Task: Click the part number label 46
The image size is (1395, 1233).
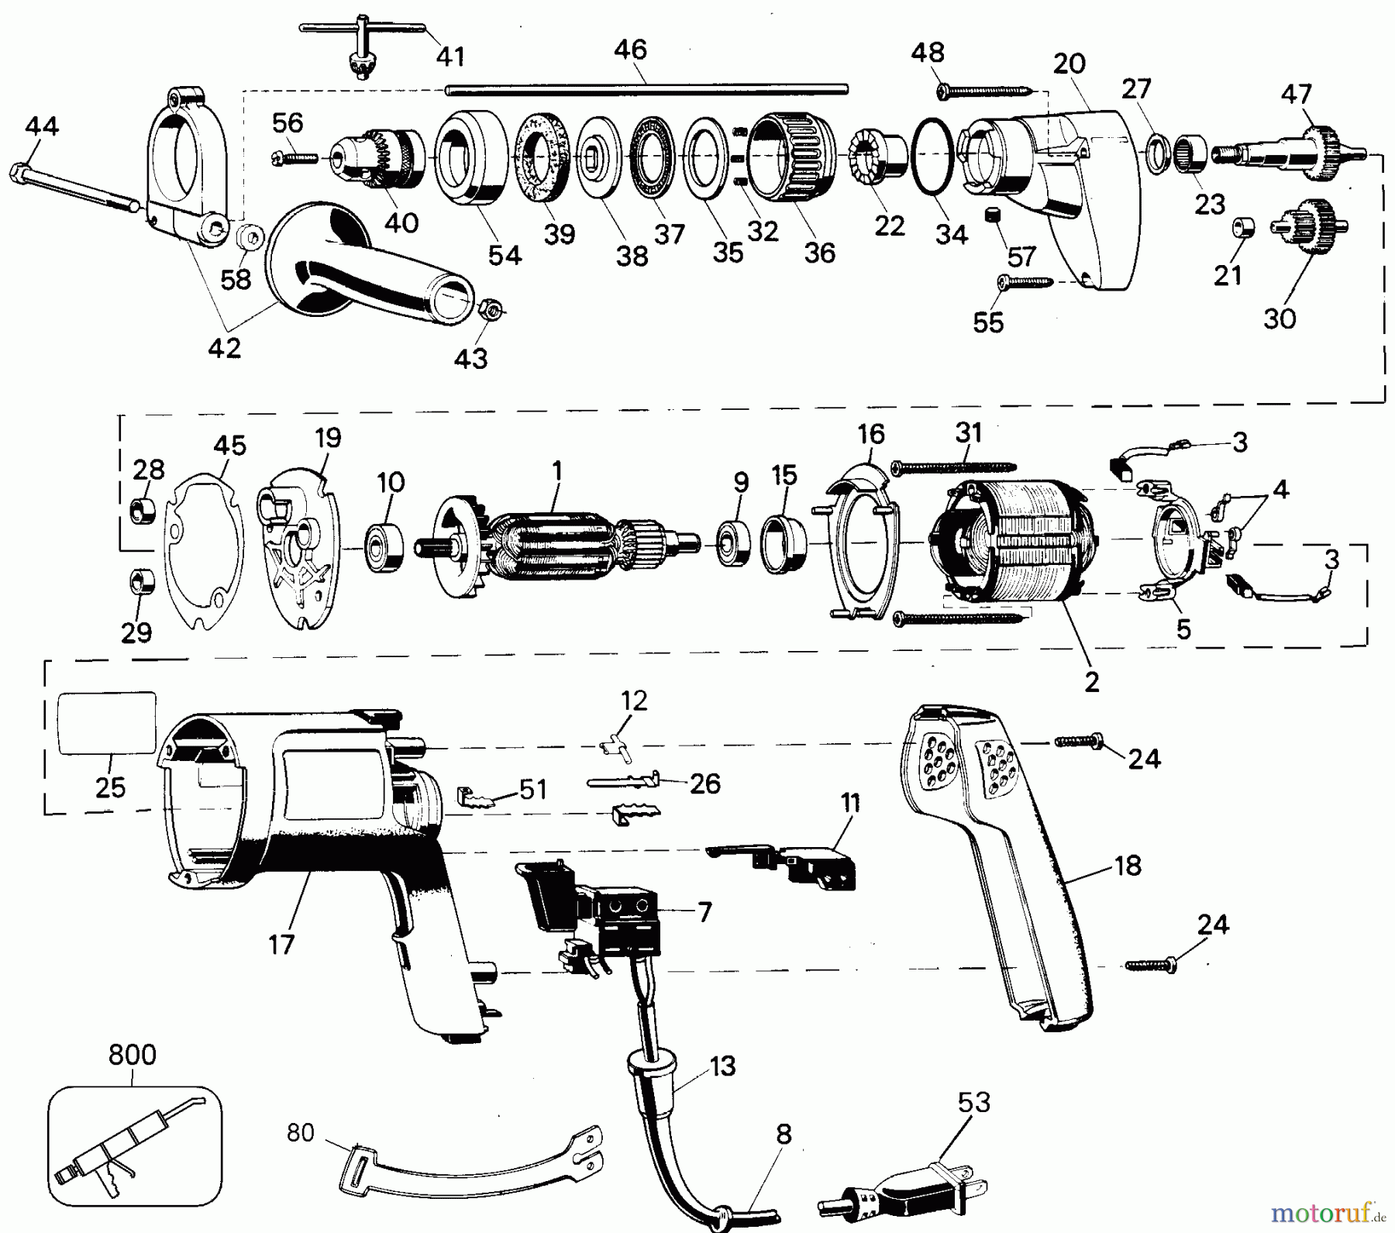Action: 630,50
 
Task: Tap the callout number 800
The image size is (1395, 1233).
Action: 132,1055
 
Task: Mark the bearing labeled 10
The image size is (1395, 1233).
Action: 384,546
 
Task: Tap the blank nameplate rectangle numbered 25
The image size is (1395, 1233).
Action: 107,723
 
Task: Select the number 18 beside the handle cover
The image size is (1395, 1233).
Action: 1128,865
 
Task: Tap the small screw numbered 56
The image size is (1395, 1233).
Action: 295,158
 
